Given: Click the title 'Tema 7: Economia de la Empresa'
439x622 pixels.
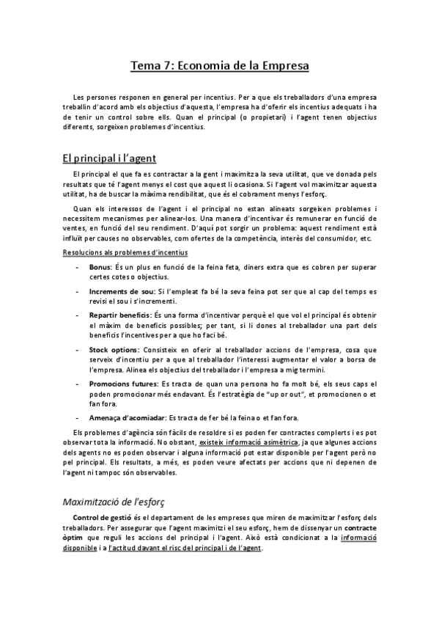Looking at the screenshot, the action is click(219, 66).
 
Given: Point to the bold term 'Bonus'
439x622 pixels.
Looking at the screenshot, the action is click(100, 267).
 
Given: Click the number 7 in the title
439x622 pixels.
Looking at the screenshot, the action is click(166, 66).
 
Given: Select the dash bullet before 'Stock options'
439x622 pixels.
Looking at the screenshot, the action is click(79, 348).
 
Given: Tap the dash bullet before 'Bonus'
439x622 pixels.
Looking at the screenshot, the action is click(79, 268).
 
